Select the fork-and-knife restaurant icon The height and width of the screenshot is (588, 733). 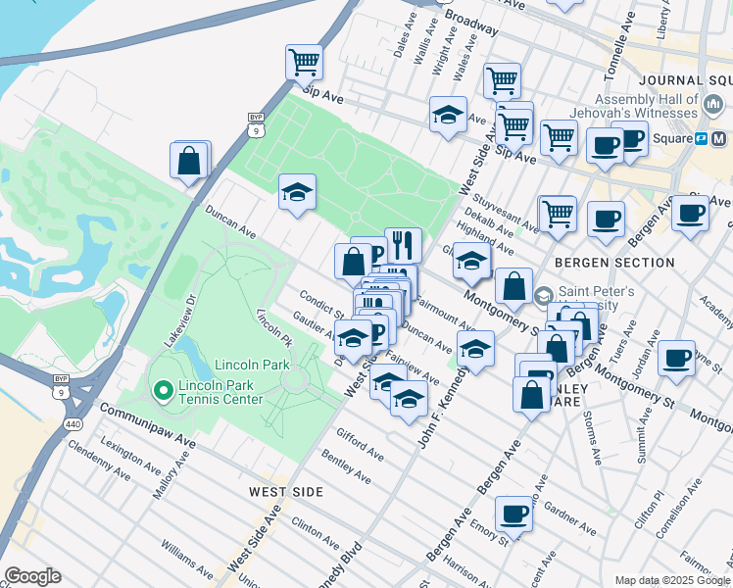(403, 243)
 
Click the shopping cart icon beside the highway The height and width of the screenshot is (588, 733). (304, 62)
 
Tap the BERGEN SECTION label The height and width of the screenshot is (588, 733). (614, 263)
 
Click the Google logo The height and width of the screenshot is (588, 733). (32, 575)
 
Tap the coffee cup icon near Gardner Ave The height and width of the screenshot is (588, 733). (513, 513)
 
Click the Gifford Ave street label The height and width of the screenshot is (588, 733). (359, 444)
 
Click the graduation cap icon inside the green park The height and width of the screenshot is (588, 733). (297, 191)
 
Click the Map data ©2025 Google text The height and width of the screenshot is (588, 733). (671, 580)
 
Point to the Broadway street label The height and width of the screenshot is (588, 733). (471, 19)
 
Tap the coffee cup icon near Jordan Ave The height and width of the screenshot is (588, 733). (676, 358)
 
